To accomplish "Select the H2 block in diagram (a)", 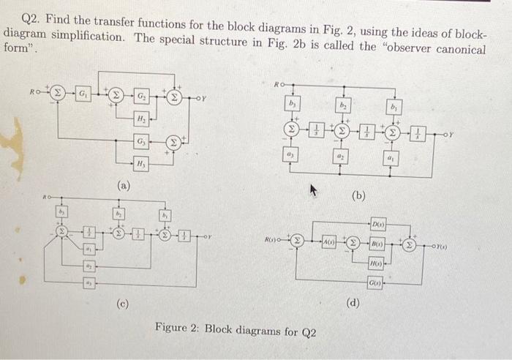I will (x=140, y=118).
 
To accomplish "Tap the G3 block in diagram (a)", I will (x=140, y=140).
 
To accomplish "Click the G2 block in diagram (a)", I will (x=140, y=96).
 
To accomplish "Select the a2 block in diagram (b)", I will (x=342, y=156).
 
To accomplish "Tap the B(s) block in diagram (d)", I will (x=378, y=242).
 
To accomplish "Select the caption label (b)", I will (x=358, y=195).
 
